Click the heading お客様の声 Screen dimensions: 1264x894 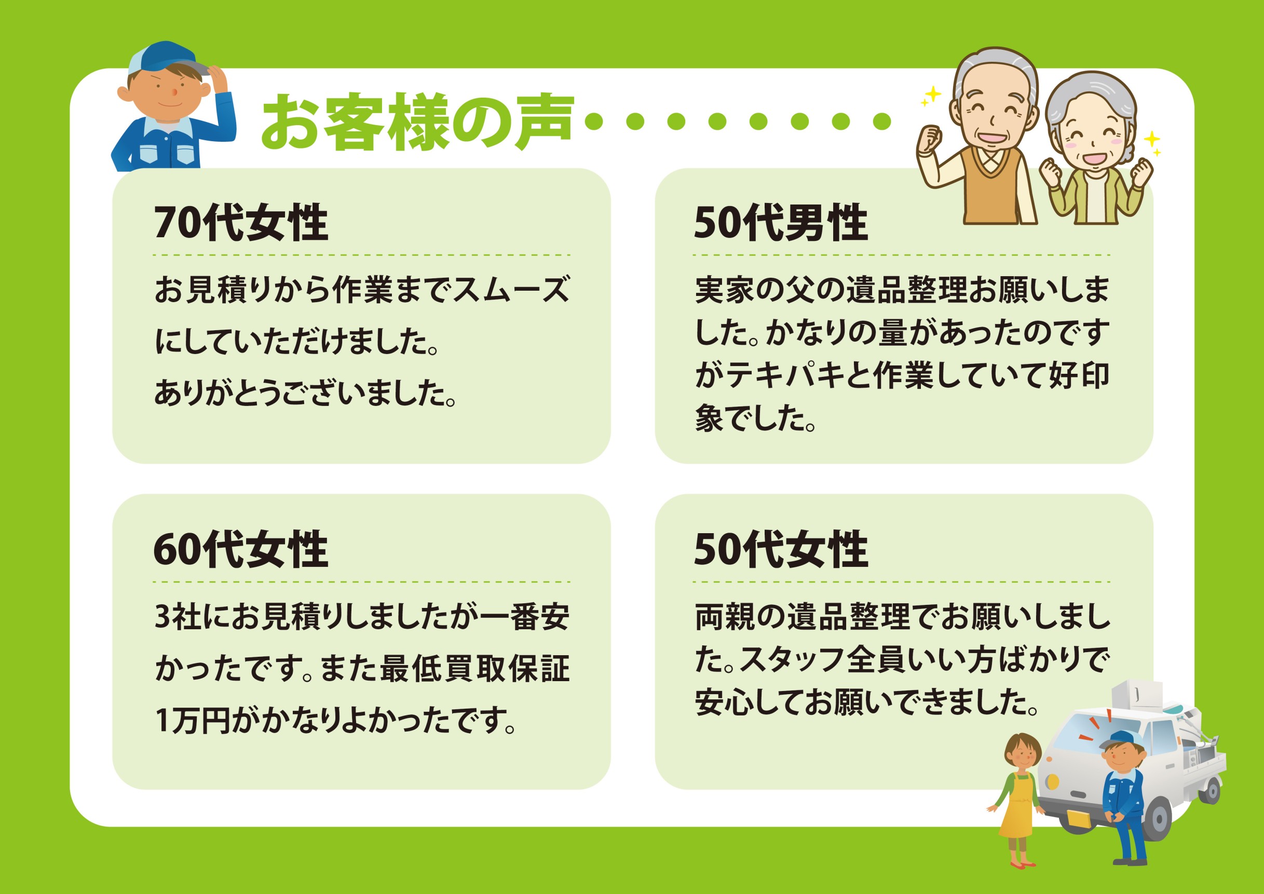click(417, 121)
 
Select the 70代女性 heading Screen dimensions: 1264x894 click(241, 223)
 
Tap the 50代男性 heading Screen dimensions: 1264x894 click(781, 223)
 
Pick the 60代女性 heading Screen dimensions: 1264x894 click(241, 549)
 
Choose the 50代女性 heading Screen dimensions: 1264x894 click(781, 549)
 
